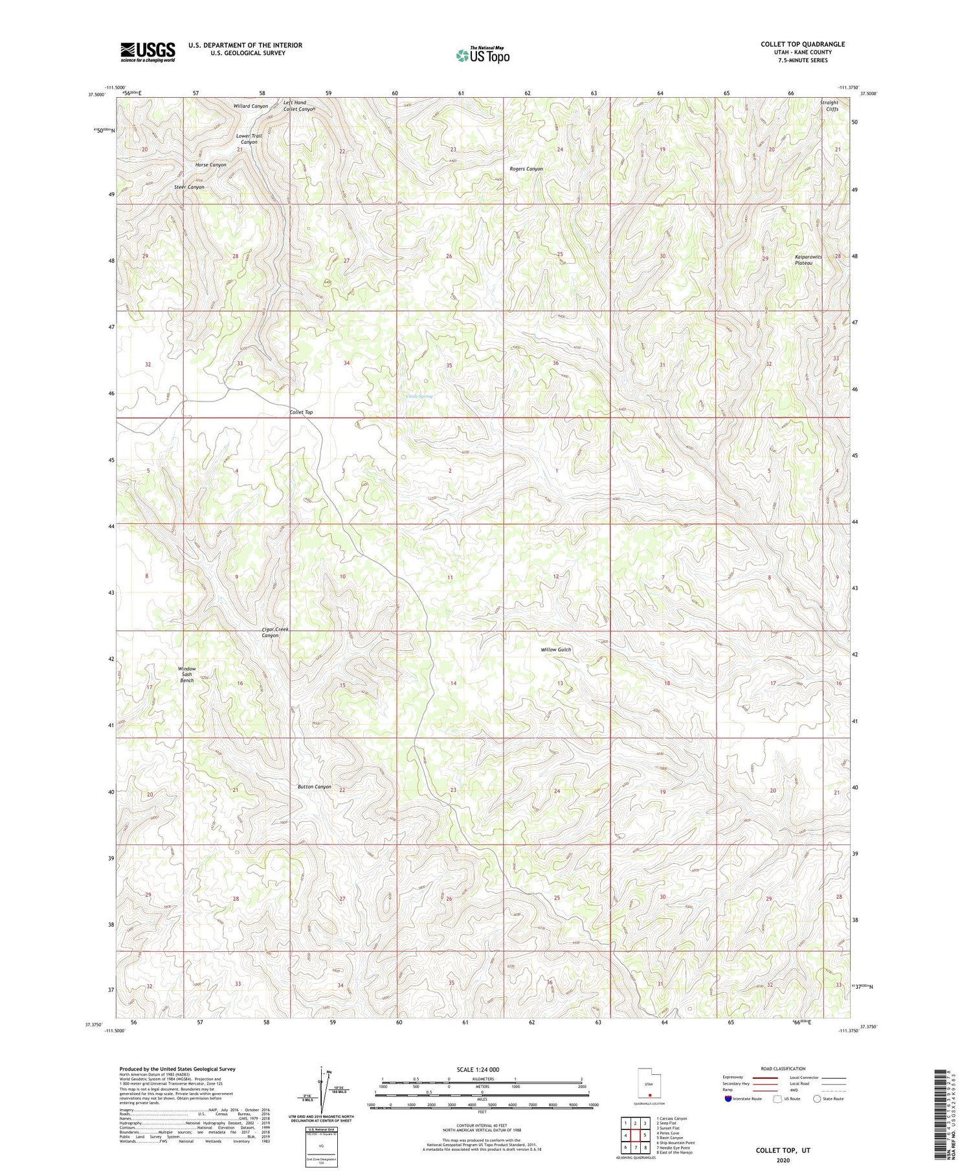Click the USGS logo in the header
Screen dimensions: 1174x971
click(148, 52)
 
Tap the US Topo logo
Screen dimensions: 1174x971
click(482, 56)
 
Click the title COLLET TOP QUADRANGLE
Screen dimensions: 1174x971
click(803, 44)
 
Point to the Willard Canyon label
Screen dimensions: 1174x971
click(251, 106)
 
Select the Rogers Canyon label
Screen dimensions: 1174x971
click(526, 169)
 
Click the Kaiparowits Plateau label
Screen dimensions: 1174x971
click(808, 260)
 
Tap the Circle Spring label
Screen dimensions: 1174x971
click(419, 396)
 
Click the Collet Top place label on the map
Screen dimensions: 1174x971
click(301, 412)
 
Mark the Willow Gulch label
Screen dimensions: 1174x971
click(556, 649)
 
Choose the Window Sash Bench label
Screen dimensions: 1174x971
click(187, 674)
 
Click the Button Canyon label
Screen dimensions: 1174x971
click(314, 787)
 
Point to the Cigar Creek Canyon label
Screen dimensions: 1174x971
click(274, 632)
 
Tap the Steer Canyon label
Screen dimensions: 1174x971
click(189, 187)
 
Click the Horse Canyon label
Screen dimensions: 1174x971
click(210, 165)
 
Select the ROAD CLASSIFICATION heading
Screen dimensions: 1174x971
click(783, 1068)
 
